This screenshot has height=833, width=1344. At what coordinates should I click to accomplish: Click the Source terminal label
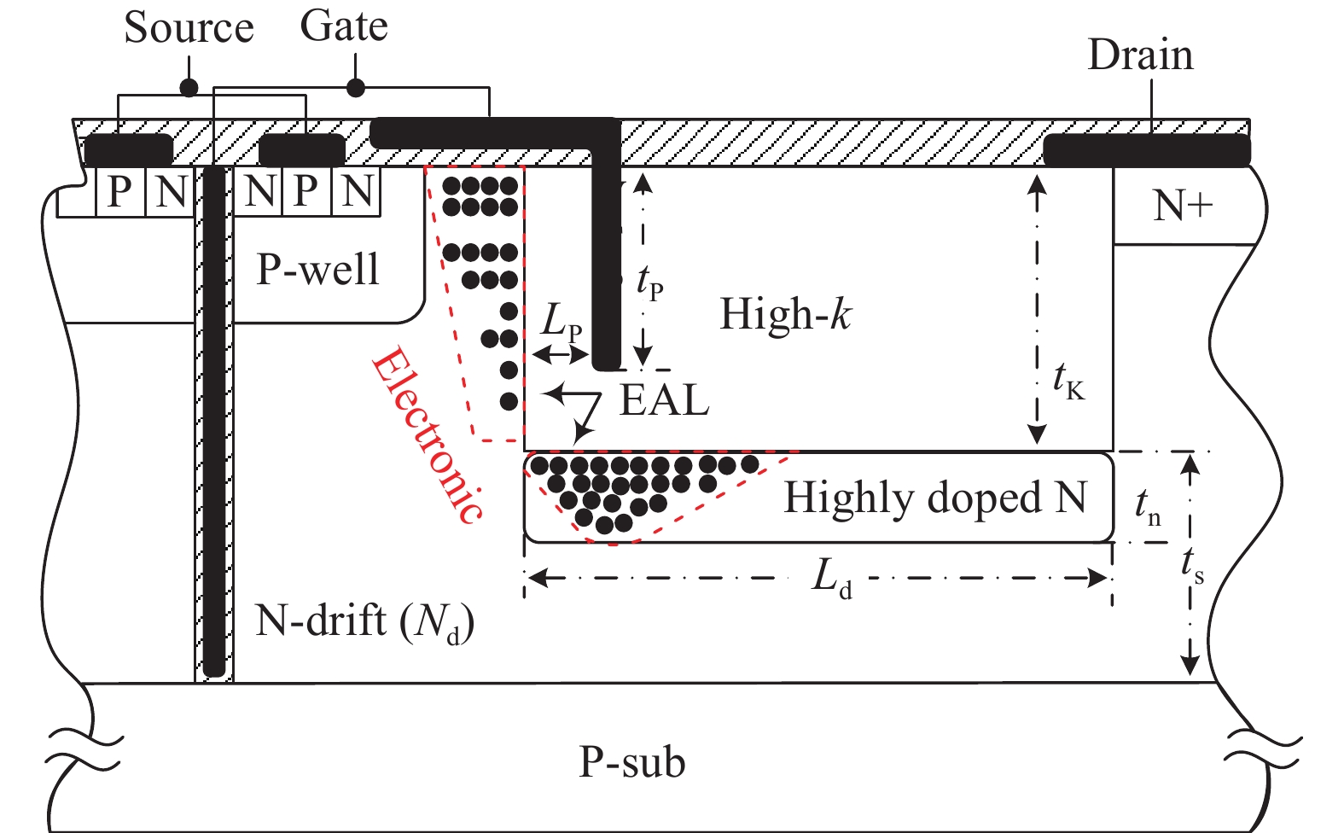click(189, 28)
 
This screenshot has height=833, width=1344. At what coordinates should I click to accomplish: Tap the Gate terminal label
click(344, 26)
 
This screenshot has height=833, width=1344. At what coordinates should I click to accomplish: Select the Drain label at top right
click(1140, 55)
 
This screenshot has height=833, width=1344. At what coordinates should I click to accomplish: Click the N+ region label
click(1183, 206)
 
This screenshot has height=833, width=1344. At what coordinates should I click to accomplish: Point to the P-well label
click(317, 270)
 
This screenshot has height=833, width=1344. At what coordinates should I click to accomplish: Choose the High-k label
click(785, 314)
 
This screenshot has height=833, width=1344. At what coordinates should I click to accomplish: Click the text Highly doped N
click(935, 498)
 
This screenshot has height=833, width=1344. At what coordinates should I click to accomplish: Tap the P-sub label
click(632, 762)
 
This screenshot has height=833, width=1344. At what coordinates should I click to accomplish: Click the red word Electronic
click(427, 435)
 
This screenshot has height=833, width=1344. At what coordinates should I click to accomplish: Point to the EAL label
click(664, 400)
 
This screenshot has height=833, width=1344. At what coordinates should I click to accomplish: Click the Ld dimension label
click(831, 579)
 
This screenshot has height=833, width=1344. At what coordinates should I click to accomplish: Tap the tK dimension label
click(1068, 381)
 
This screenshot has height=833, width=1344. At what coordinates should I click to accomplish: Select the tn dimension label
click(1148, 506)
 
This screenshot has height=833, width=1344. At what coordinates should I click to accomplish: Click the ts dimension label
click(1192, 565)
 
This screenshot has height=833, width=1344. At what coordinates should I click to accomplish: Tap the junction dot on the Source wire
click(189, 87)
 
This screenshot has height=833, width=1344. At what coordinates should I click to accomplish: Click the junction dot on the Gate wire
click(356, 87)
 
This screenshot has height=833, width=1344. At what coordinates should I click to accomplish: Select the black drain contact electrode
click(1146, 150)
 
